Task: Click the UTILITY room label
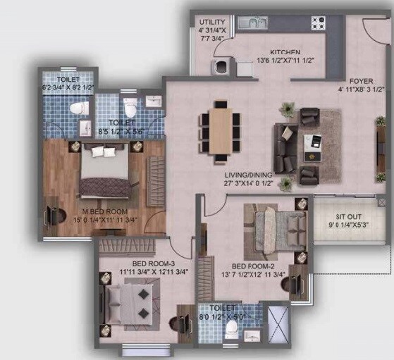point(212,23)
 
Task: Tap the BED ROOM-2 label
point(258,266)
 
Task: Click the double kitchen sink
point(252,23)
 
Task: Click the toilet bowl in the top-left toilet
point(82,109)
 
